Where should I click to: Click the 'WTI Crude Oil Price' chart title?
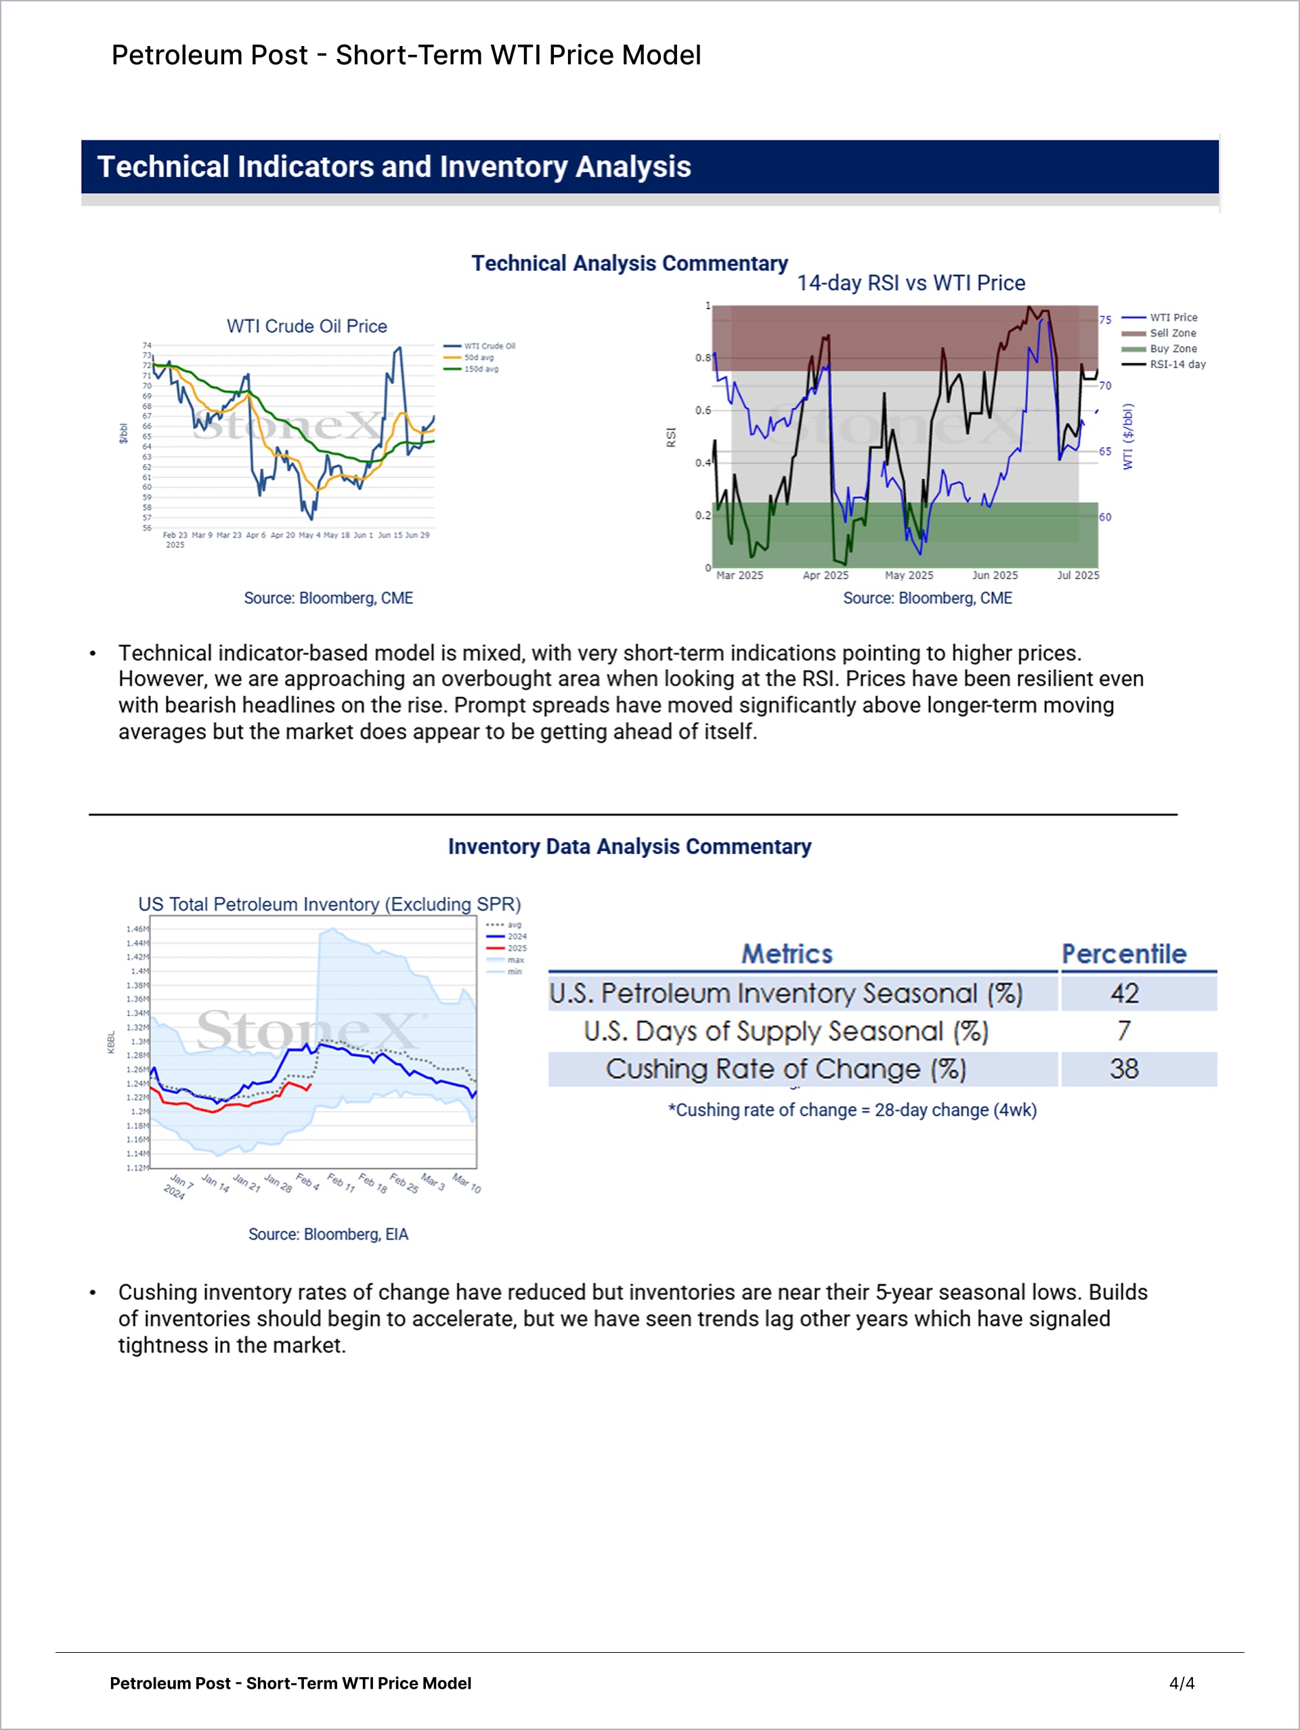[x=307, y=326]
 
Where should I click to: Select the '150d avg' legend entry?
[x=481, y=369]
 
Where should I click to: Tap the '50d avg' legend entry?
[x=479, y=358]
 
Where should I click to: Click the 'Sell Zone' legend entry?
[x=1172, y=333]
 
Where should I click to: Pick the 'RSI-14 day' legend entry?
[x=1177, y=364]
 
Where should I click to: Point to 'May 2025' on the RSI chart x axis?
[x=909, y=576]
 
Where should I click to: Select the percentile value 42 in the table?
[x=1124, y=993]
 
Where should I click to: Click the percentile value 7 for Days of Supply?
[x=1124, y=1031]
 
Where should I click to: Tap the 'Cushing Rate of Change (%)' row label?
[x=785, y=1069]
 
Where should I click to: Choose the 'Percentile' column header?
[x=1123, y=954]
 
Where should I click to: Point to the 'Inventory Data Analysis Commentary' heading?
[x=629, y=847]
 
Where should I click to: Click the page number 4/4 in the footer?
[x=1182, y=1683]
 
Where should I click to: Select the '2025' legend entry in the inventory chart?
[x=517, y=948]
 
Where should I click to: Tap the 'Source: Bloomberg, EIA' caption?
[x=328, y=1234]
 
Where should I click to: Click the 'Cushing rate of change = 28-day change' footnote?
[x=852, y=1110]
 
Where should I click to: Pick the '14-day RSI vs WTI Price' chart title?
[x=911, y=283]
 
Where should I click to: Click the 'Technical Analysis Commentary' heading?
[x=629, y=263]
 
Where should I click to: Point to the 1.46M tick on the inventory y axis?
[x=137, y=929]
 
